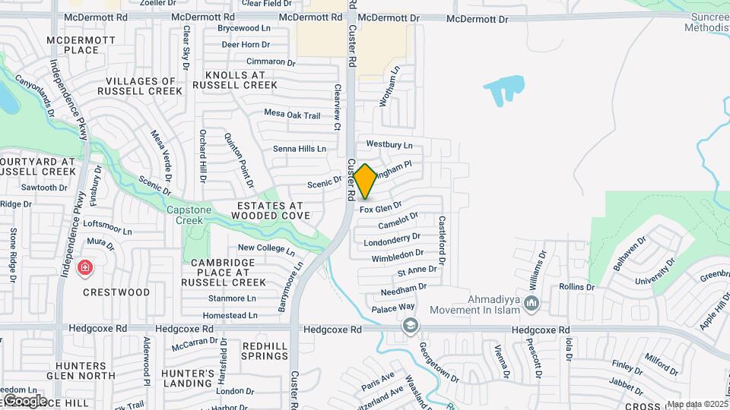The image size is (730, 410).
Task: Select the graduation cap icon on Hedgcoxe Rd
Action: (x=411, y=326)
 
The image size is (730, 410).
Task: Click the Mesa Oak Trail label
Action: (x=292, y=114)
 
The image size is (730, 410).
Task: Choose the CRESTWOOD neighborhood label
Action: (x=116, y=292)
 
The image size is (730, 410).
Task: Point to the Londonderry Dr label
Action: (x=393, y=241)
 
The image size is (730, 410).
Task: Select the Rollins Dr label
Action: (x=576, y=287)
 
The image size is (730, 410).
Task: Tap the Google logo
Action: (x=24, y=400)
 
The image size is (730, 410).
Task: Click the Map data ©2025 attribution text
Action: (x=697, y=404)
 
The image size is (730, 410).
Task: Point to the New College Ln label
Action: (x=266, y=248)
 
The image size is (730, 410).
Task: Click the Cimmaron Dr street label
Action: (x=270, y=61)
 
